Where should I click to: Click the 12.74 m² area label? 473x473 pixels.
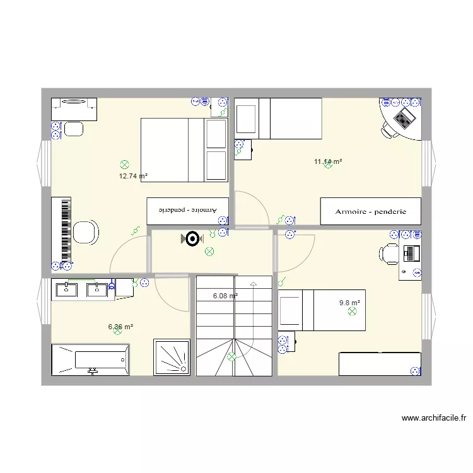pos(133,177)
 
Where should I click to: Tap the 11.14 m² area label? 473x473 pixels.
pos(328,162)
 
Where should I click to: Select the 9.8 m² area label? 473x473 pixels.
pos(349,303)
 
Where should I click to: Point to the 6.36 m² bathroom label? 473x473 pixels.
pos(120,327)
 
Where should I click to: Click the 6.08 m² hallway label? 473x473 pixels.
pos(225,296)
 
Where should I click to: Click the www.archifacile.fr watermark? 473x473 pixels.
pos(433,418)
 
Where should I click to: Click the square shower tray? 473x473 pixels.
pos(172,358)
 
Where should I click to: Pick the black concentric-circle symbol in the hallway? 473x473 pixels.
pos(192,238)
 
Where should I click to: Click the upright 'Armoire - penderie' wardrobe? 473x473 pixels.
pos(370,212)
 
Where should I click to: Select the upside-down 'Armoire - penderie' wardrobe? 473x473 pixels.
pos(187,211)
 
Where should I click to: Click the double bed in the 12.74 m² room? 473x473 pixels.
pos(184,149)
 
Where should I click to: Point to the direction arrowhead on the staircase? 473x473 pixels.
pos(254,284)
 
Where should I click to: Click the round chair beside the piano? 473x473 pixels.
pos(86,231)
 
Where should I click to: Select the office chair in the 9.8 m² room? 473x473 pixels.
pos(388,254)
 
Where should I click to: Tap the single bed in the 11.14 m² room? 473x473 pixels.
pos(278,118)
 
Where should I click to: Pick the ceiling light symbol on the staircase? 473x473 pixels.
pos(231,356)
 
